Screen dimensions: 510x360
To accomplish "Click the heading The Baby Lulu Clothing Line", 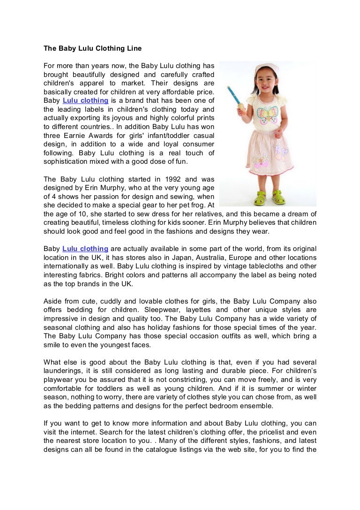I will pos(92,48).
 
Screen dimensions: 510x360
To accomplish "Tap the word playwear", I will pos(59,380).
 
